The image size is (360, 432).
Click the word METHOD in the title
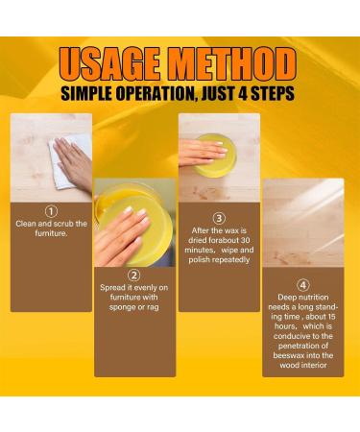(232, 64)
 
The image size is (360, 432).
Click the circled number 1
(51, 211)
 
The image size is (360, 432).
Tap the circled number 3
(219, 218)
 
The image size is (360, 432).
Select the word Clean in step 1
(32, 224)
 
